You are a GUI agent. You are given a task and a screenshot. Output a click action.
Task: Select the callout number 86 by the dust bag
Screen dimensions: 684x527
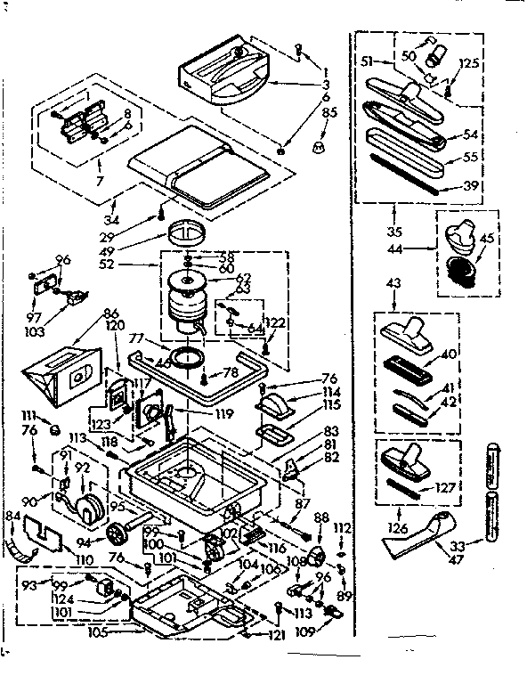111,313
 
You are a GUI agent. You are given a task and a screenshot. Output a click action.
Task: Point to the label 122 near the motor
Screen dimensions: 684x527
276,323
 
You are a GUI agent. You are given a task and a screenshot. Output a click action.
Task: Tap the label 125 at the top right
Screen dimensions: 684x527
469,63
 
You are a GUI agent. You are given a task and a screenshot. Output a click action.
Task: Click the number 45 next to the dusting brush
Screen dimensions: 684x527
488,238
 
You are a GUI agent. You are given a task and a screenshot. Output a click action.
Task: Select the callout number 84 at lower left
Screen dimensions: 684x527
12,517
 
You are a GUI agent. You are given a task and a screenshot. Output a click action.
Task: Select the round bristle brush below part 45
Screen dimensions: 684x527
460,271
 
